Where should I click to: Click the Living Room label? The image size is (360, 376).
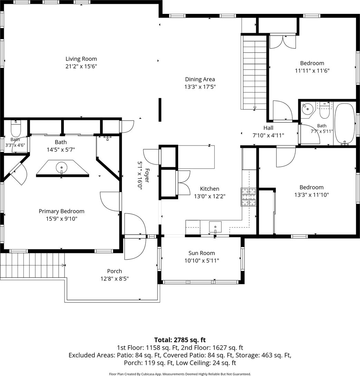point(81,59)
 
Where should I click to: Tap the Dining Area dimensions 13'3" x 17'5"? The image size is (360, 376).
point(200,87)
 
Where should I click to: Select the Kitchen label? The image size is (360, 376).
point(210,189)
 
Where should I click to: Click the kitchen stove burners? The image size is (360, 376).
point(249,197)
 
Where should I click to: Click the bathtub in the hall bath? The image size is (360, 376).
point(345,124)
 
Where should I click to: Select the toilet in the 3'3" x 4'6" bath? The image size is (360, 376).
point(16,129)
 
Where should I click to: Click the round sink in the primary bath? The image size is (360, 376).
point(61,167)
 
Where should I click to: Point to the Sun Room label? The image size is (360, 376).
point(202,253)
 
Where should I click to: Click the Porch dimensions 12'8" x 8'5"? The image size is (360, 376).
point(115,279)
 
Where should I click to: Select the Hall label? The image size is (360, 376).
point(268,128)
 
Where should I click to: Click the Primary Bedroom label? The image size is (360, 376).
point(61,211)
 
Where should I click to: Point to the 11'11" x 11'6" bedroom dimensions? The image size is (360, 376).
point(312,71)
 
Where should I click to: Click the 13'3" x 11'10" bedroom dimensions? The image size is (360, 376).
point(312,195)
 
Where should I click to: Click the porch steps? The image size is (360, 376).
point(32,265)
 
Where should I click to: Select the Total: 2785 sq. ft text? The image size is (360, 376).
point(180,340)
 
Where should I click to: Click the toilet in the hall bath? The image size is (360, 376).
point(324,110)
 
